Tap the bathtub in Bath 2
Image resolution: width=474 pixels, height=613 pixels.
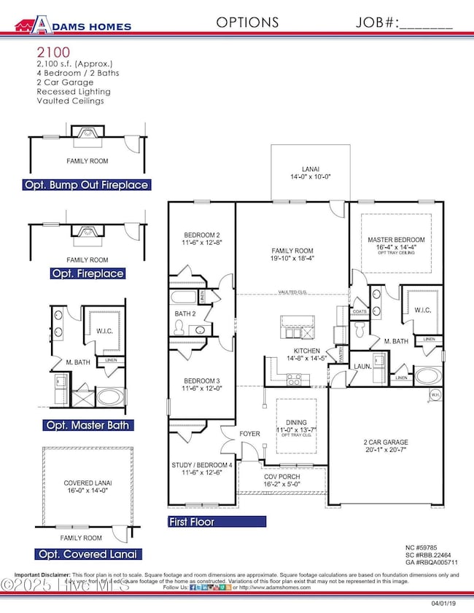tap(184, 297)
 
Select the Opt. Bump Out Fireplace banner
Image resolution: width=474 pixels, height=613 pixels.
tap(87, 185)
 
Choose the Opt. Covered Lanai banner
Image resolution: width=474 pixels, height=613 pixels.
tap(87, 554)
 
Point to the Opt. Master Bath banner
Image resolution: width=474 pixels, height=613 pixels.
tap(87, 425)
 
